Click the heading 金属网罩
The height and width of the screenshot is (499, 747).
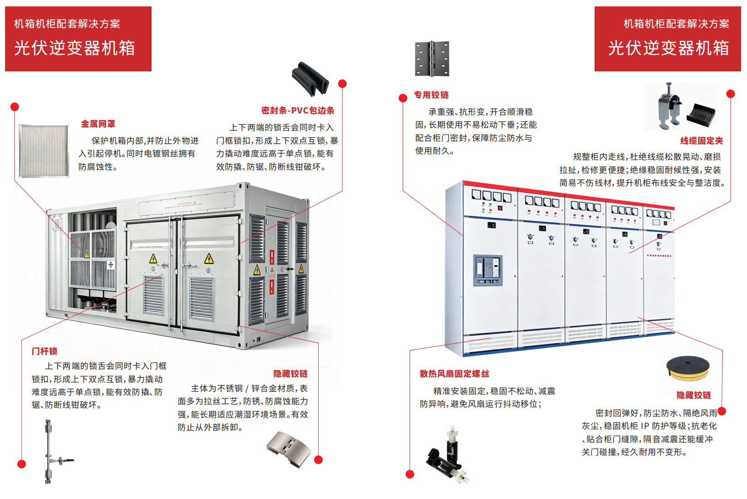[98, 124]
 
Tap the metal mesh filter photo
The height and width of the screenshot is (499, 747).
[43, 151]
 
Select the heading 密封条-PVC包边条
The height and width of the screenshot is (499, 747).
[298, 110]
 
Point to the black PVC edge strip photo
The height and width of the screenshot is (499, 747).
[310, 79]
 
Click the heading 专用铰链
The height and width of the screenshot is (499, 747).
[431, 95]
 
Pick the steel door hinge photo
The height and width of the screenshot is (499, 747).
[432, 59]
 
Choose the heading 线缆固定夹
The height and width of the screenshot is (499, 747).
[702, 141]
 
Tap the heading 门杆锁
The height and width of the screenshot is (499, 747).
[44, 351]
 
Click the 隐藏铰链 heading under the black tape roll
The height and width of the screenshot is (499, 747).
[693, 395]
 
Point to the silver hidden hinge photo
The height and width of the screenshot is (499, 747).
[288, 449]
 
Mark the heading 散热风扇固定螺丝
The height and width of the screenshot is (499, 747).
[454, 374]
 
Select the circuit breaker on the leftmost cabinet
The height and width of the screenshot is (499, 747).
[488, 271]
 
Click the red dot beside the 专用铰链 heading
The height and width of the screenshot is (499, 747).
[403, 98]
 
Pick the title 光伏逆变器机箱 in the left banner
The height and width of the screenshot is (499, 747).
[75, 48]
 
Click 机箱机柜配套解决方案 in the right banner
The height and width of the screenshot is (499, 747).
[677, 24]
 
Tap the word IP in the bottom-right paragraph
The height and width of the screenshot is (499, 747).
[644, 426]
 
